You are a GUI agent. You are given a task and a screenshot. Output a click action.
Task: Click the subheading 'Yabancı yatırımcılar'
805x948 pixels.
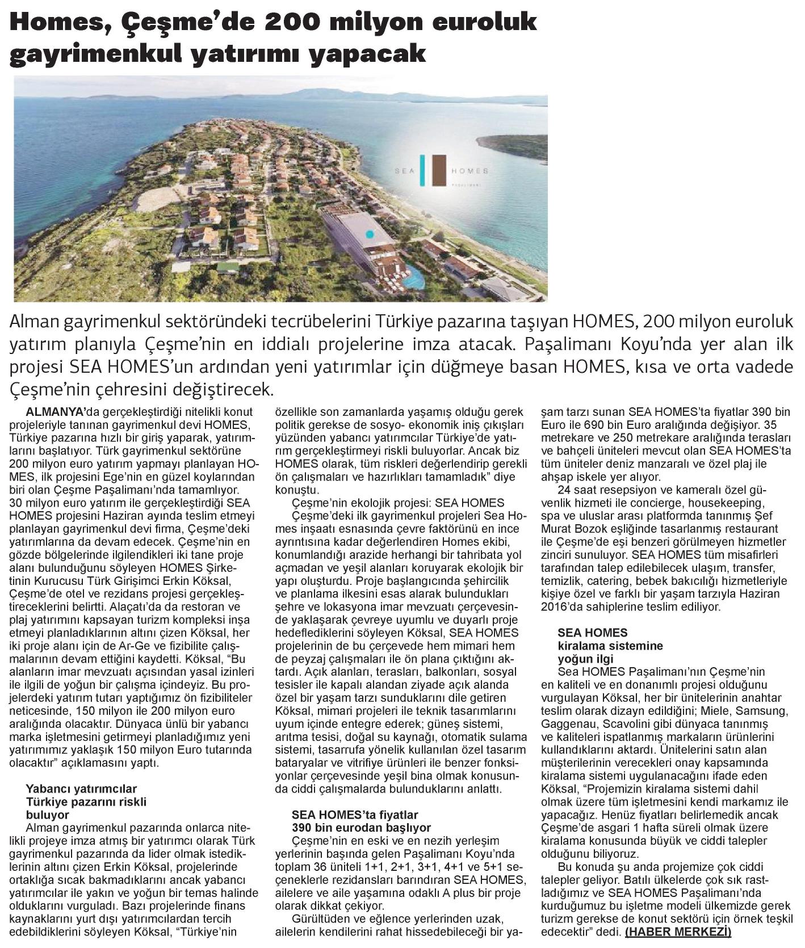pyautogui.click(x=82, y=789)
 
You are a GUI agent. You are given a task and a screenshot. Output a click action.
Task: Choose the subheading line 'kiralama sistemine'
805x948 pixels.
pyautogui.click(x=610, y=646)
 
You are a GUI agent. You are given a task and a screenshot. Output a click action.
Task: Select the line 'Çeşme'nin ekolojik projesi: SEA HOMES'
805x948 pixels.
pyautogui.click(x=397, y=503)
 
